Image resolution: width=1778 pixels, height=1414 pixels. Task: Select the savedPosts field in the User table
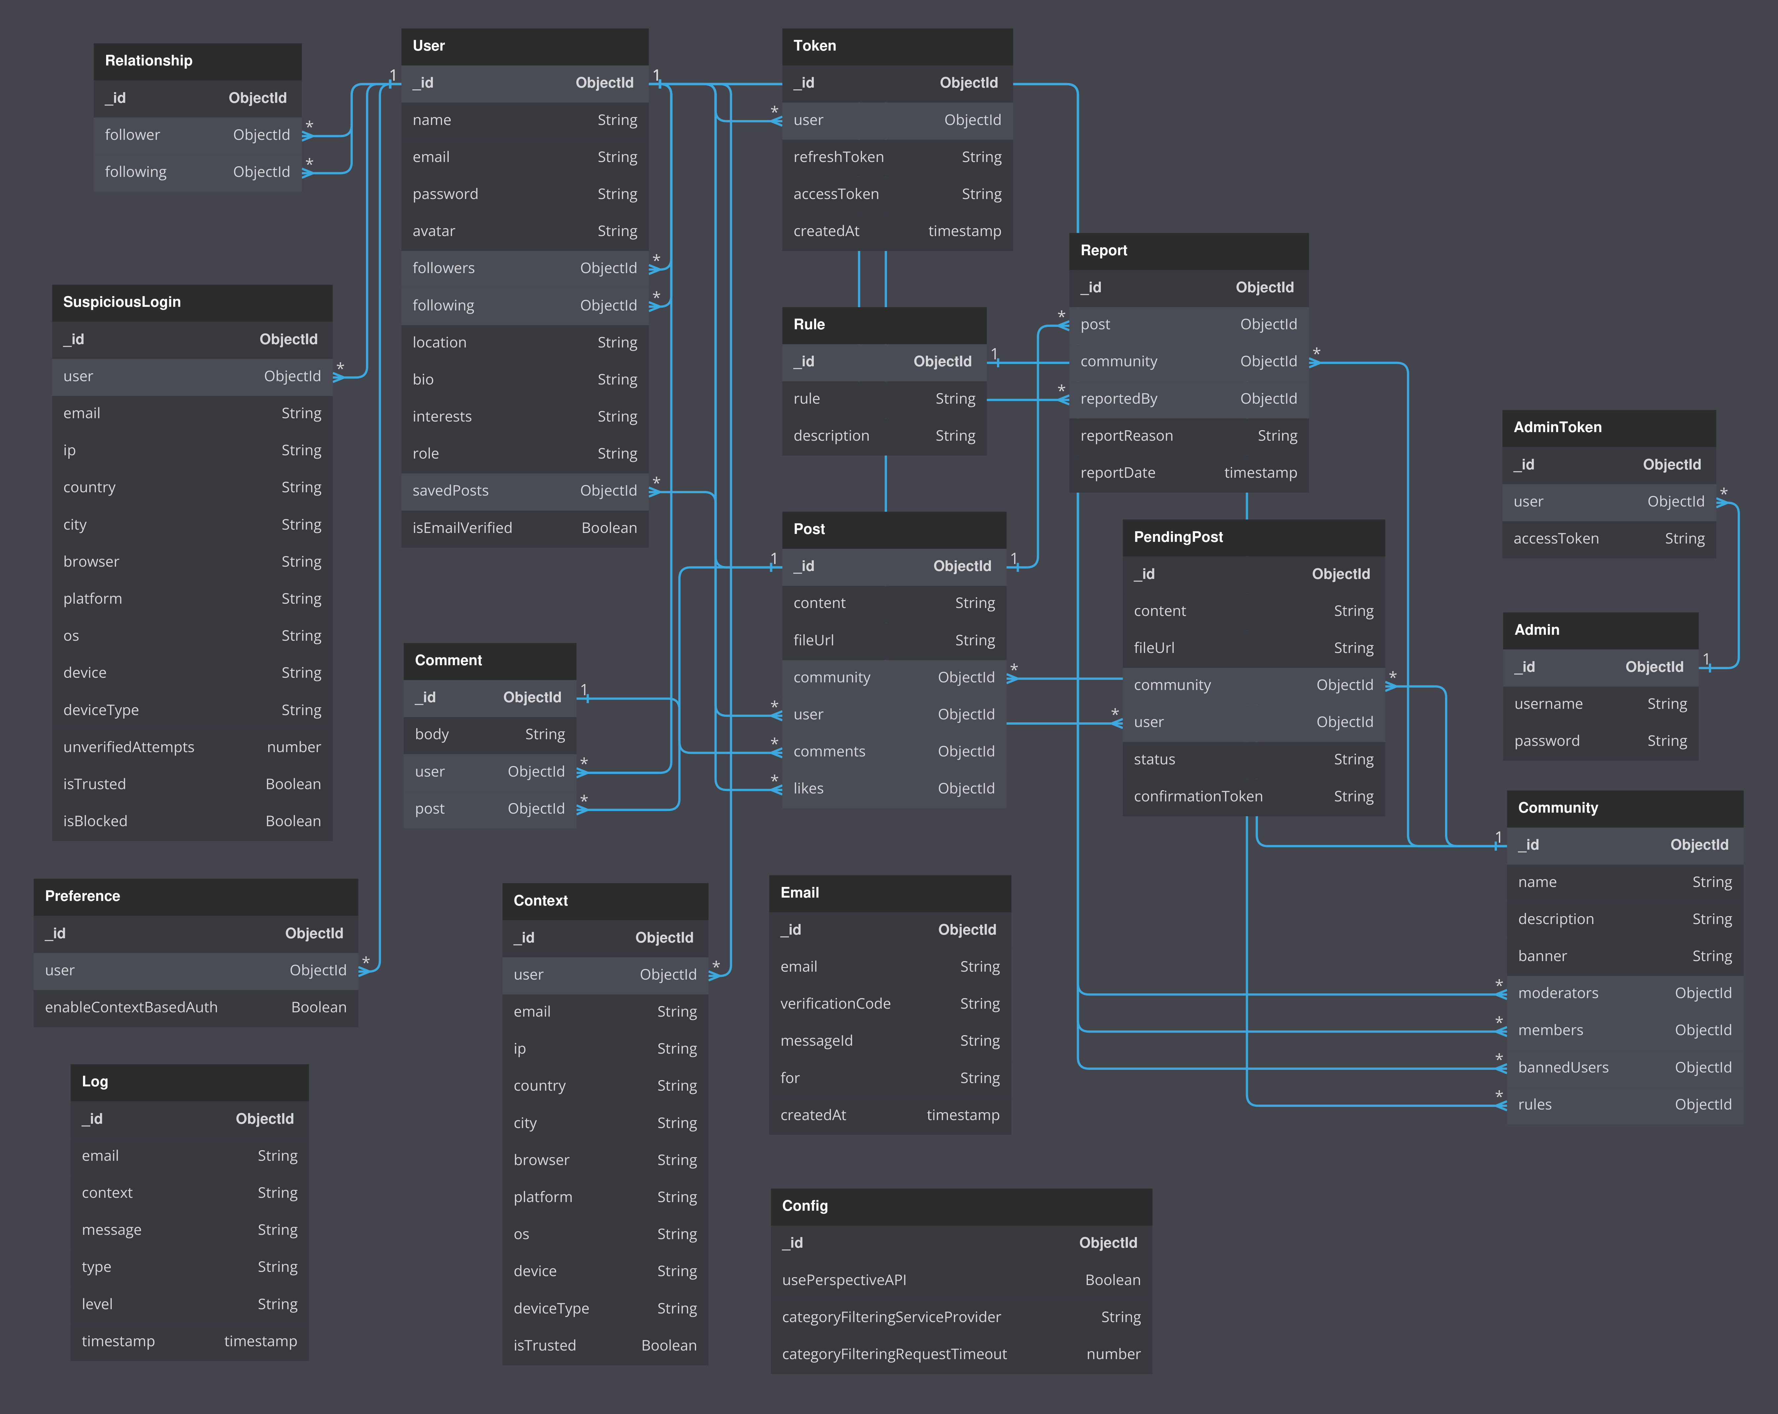click(x=450, y=491)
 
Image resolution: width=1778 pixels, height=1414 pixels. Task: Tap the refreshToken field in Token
click(x=838, y=157)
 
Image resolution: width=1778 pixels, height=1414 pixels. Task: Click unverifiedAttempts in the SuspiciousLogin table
click(x=129, y=747)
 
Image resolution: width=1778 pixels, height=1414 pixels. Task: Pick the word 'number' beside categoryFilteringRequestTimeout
click(x=1113, y=1354)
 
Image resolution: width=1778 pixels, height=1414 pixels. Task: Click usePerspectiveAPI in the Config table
click(x=844, y=1279)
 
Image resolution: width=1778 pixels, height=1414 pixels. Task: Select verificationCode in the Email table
click(x=835, y=1003)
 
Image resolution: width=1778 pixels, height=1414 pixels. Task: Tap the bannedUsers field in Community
click(x=1563, y=1067)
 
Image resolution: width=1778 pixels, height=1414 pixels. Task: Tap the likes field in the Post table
click(x=808, y=788)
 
